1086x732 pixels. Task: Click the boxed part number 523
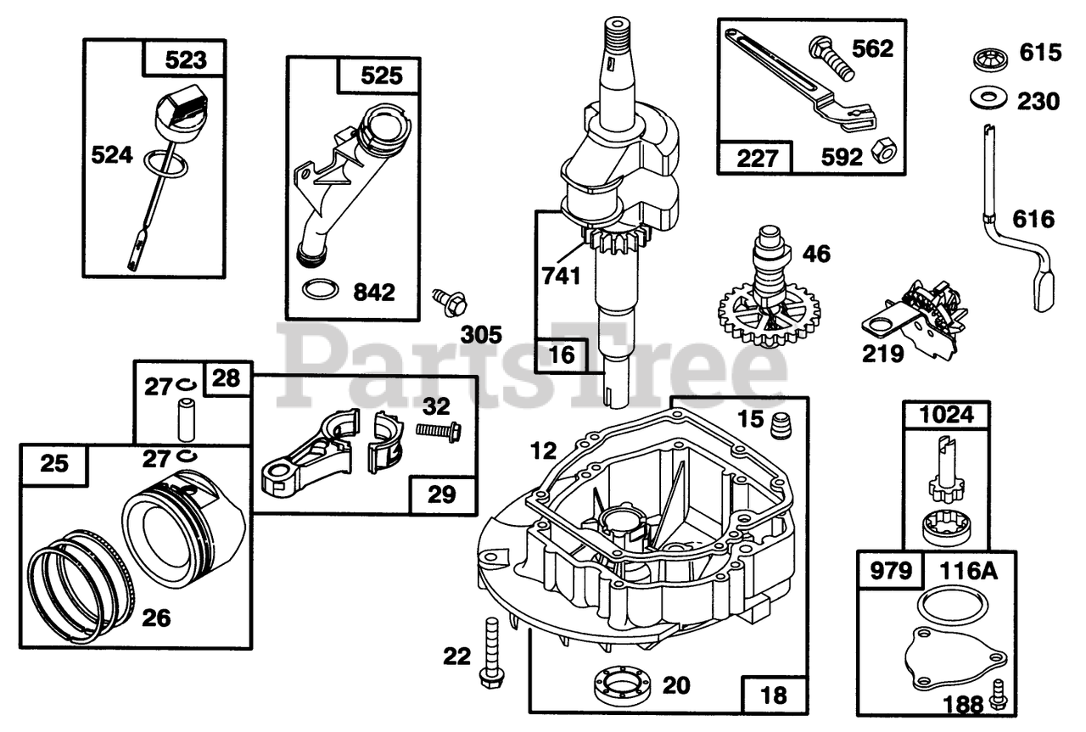pos(186,60)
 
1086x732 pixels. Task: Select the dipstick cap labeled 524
pos(179,117)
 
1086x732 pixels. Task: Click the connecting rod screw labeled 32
pos(438,432)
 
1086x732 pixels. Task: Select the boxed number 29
pos(441,494)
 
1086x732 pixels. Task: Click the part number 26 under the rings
pos(155,617)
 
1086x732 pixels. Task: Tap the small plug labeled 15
pos(777,423)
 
